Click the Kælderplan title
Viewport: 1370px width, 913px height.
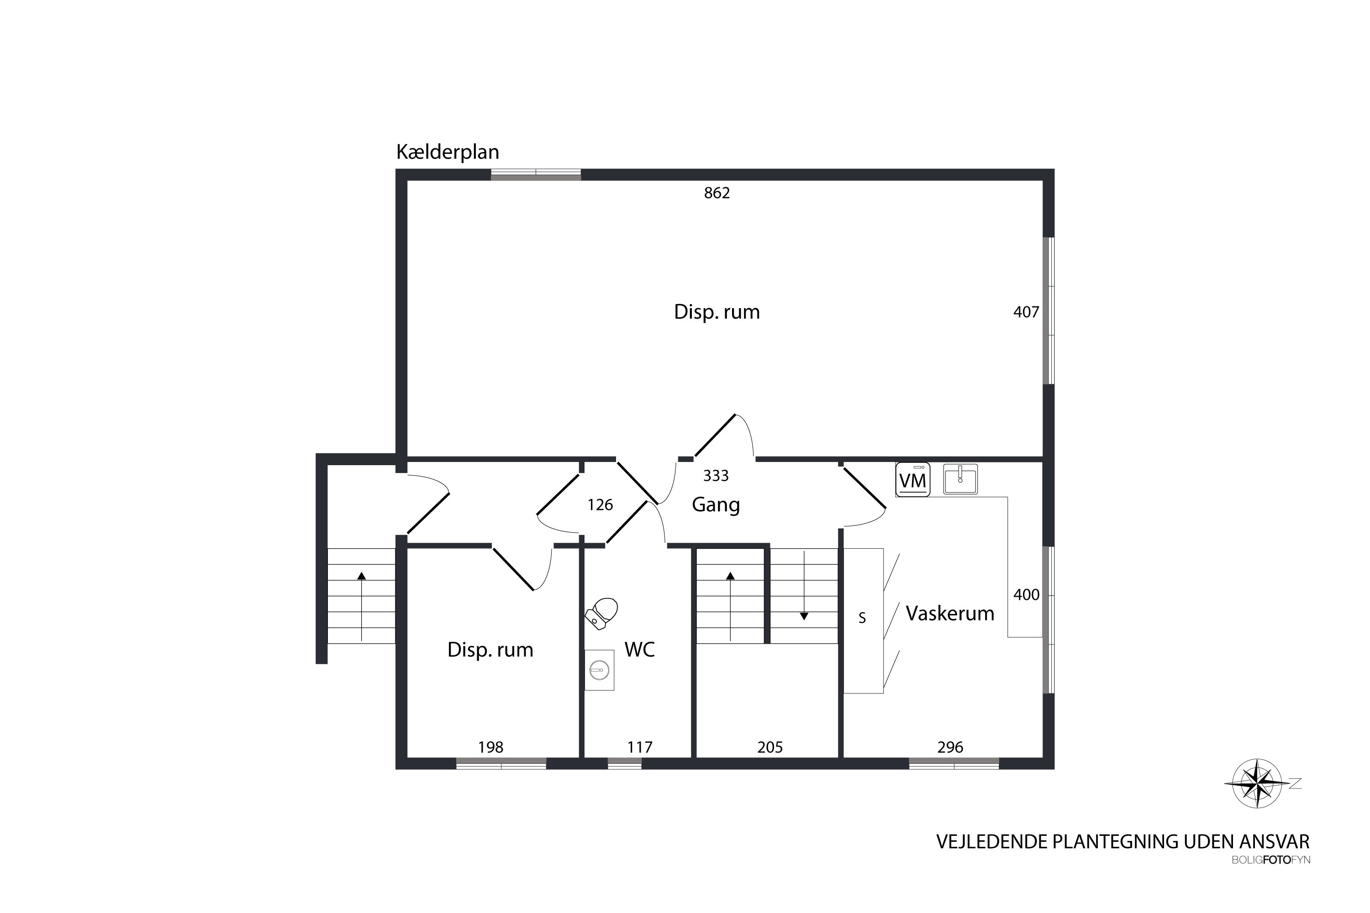tap(448, 152)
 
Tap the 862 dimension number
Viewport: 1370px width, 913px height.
tap(717, 193)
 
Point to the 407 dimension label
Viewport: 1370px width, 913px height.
tap(1026, 312)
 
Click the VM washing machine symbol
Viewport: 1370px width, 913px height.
tap(913, 479)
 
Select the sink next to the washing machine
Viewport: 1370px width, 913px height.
tap(960, 479)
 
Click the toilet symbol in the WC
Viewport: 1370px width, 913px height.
tap(602, 614)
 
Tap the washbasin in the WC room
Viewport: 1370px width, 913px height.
tap(599, 670)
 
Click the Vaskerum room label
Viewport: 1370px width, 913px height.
tap(949, 613)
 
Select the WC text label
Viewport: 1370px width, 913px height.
tap(640, 649)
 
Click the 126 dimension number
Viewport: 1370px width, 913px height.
tap(600, 505)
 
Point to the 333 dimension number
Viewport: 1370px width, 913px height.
tap(716, 476)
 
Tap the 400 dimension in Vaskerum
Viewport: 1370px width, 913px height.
tap(1026, 594)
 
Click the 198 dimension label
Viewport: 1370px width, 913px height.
tap(490, 747)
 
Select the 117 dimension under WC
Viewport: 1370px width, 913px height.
tap(640, 747)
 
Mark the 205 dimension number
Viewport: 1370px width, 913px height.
tap(770, 747)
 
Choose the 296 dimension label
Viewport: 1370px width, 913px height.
tap(950, 747)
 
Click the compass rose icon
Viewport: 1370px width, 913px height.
tap(1258, 784)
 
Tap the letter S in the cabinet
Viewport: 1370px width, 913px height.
tap(862, 618)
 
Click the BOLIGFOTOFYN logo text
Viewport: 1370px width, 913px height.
tap(1271, 860)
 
